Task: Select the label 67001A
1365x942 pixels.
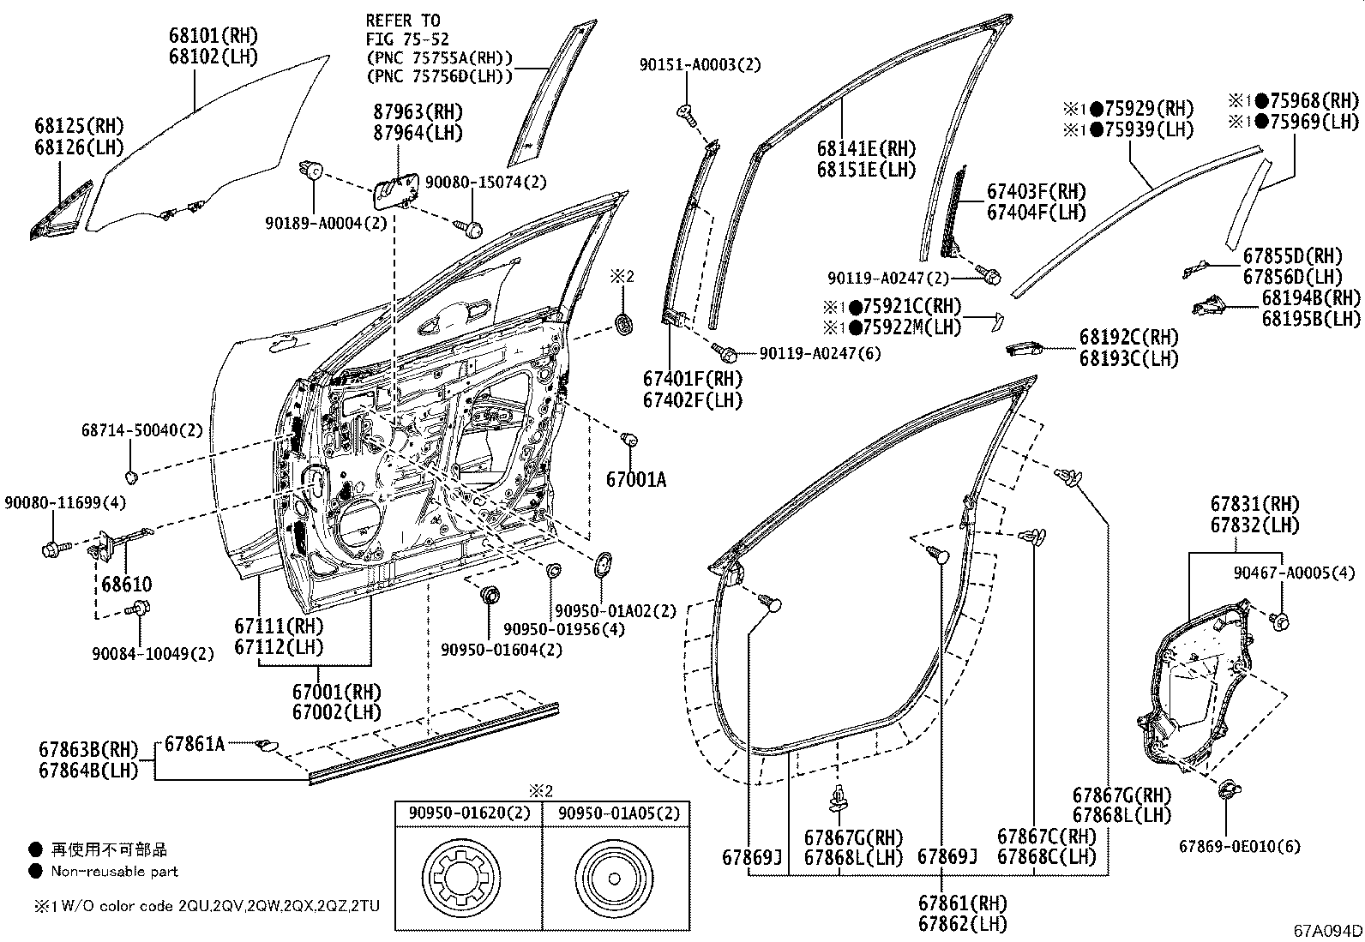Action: (x=635, y=480)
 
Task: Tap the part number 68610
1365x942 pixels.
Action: (x=126, y=585)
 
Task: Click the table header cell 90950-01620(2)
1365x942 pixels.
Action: (x=468, y=813)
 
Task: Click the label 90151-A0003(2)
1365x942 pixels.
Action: (x=700, y=64)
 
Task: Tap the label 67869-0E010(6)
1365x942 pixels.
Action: (x=1239, y=846)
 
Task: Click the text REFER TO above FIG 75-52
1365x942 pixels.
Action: (x=402, y=20)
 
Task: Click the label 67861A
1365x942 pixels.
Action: (x=195, y=744)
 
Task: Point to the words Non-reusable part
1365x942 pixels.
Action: (x=114, y=871)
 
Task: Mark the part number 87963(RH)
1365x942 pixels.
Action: (x=418, y=111)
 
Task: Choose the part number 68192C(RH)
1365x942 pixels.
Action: (x=1128, y=338)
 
